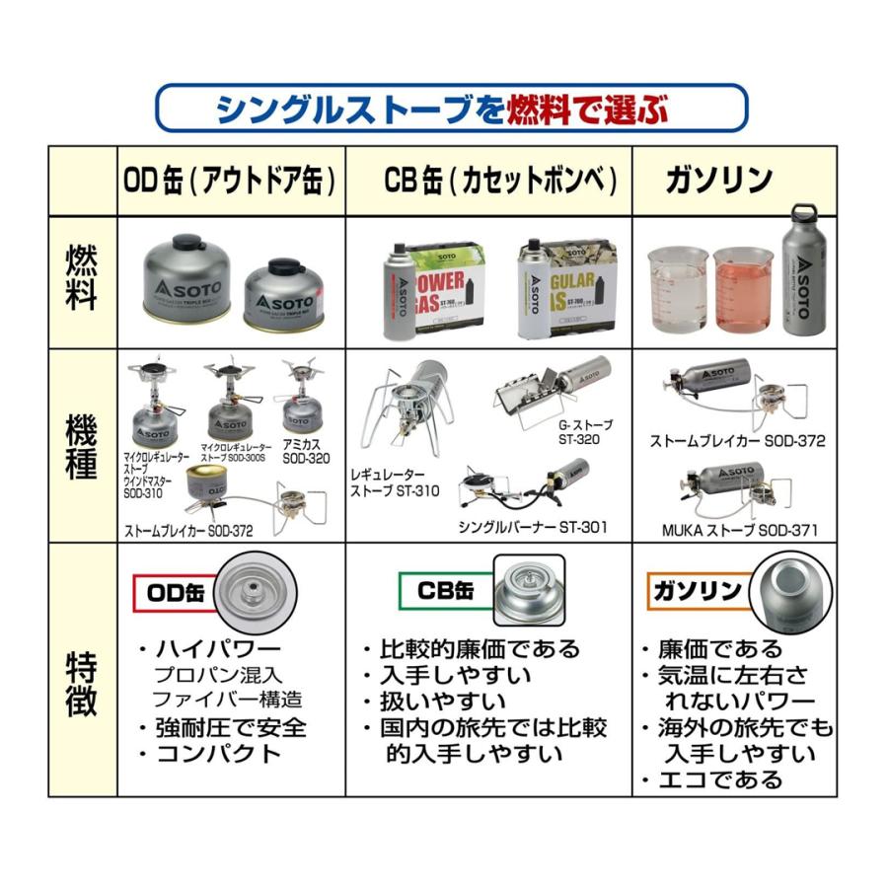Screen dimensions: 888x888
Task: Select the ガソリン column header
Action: coord(718,181)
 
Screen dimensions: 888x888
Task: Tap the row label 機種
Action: coord(82,447)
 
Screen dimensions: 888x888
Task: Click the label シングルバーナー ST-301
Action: coord(532,527)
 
